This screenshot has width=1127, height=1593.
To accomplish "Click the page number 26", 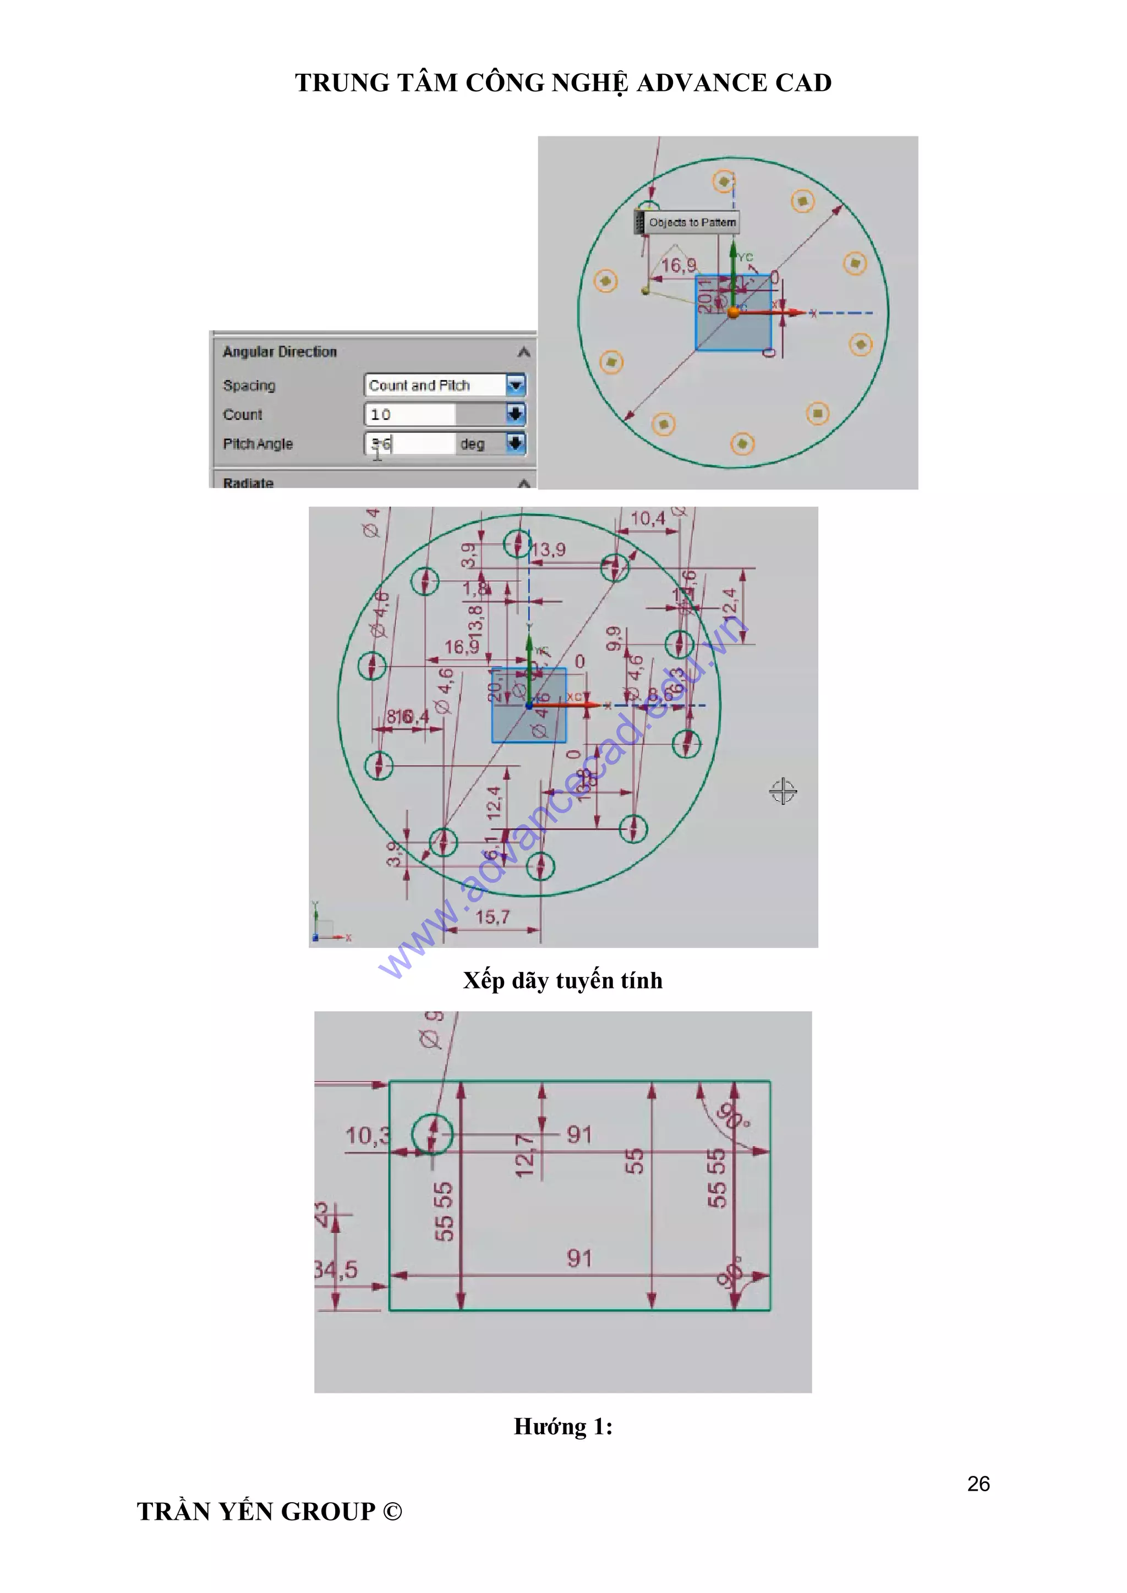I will coord(978,1484).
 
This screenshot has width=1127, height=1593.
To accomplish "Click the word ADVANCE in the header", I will coord(701,83).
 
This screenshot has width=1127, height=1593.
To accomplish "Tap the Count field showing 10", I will coord(409,414).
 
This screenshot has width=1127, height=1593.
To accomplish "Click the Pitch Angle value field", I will coord(409,443).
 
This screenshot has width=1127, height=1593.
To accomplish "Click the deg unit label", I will coord(472,444).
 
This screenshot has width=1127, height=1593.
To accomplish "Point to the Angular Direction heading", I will coord(279,351).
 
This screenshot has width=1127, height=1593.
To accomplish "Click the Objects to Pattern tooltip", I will coord(691,222).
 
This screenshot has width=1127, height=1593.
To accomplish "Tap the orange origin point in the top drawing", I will coord(734,313).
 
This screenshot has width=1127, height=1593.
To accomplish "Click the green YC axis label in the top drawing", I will coord(745,257).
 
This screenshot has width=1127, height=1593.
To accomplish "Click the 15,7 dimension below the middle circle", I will coord(492,916).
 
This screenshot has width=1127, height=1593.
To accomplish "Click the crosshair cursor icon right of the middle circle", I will coord(783,791).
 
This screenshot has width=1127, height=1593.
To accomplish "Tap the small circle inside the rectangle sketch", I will coord(433,1134).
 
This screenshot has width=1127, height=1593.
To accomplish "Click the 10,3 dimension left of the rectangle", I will coord(367,1136).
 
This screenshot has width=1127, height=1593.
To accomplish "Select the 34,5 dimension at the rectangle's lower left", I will coord(337,1269).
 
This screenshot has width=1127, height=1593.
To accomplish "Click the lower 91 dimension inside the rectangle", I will coord(579,1258).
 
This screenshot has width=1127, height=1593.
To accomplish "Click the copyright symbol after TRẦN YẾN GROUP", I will coord(393,1511).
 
